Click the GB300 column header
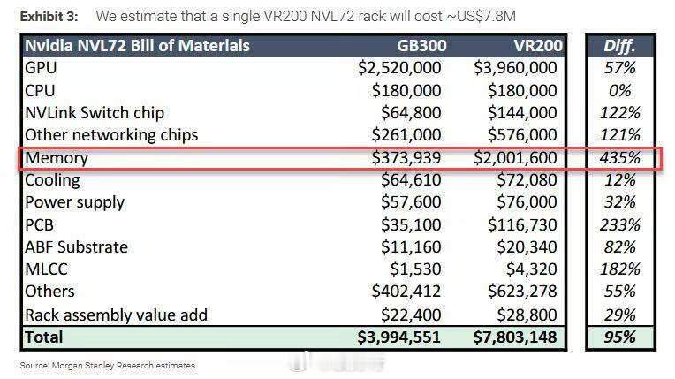pyautogui.click(x=421, y=46)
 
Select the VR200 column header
pyautogui.click(x=538, y=46)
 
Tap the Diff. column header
pyautogui.click(x=619, y=46)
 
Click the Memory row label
pyautogui.click(x=57, y=157)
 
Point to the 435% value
pyautogui.click(x=620, y=157)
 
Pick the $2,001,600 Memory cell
pyautogui.click(x=515, y=157)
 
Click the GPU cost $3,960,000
pyautogui.click(x=515, y=68)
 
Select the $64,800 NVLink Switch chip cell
pyautogui.click(x=411, y=113)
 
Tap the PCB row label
pyautogui.click(x=39, y=224)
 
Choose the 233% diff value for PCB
pyautogui.click(x=620, y=224)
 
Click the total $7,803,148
pyautogui.click(x=515, y=337)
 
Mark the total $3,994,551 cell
pyautogui.click(x=399, y=337)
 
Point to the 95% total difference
pyautogui.click(x=620, y=337)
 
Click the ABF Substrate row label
pyautogui.click(x=76, y=247)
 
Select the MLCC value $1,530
pyautogui.click(x=416, y=269)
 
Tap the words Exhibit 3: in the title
pyautogui.click(x=49, y=17)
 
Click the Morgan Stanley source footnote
pyautogui.click(x=109, y=366)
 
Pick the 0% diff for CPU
pyautogui.click(x=620, y=90)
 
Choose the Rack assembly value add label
pyautogui.click(x=117, y=315)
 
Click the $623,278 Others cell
pyautogui.click(x=522, y=292)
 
